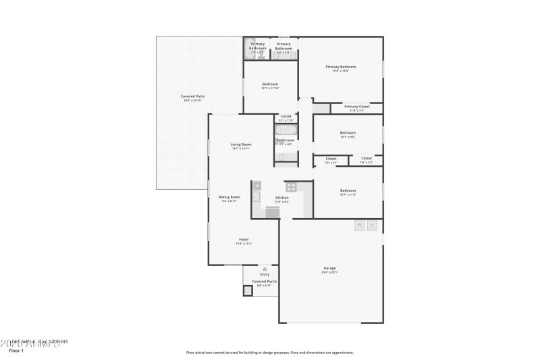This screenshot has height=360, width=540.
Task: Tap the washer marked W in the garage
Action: (x=360, y=226)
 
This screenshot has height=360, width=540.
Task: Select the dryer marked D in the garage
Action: (x=372, y=226)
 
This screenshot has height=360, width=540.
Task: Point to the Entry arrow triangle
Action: (x=265, y=268)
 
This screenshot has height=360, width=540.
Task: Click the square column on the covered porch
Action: (x=248, y=290)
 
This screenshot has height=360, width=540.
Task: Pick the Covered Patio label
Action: (x=192, y=97)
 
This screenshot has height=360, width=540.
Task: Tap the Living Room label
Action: (x=241, y=144)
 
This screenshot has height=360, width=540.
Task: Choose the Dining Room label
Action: (x=230, y=197)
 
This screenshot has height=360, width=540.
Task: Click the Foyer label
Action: (x=244, y=239)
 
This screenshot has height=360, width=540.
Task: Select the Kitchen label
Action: (x=281, y=197)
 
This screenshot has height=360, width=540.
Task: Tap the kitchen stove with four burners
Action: (x=292, y=186)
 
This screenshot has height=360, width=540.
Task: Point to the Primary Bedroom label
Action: (x=340, y=67)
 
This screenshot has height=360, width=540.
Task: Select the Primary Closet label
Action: (x=356, y=106)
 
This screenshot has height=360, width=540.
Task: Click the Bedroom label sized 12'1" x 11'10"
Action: (x=270, y=84)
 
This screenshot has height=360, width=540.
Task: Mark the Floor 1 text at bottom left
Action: (x=16, y=351)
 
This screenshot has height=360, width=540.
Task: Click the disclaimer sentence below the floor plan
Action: (x=270, y=352)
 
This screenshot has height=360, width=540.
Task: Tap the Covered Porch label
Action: (x=265, y=281)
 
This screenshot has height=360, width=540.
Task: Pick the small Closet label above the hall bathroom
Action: (x=286, y=116)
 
